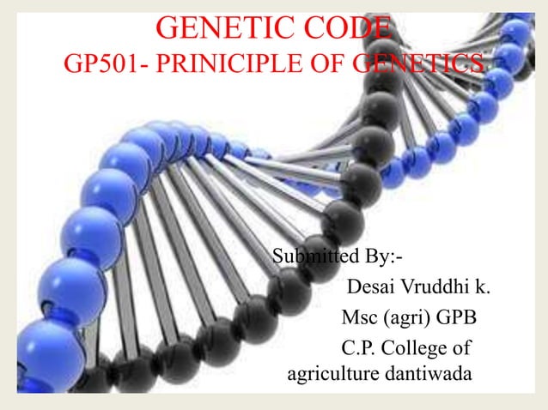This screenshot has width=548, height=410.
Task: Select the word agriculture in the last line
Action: point(333,374)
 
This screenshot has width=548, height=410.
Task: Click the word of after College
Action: point(463,349)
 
